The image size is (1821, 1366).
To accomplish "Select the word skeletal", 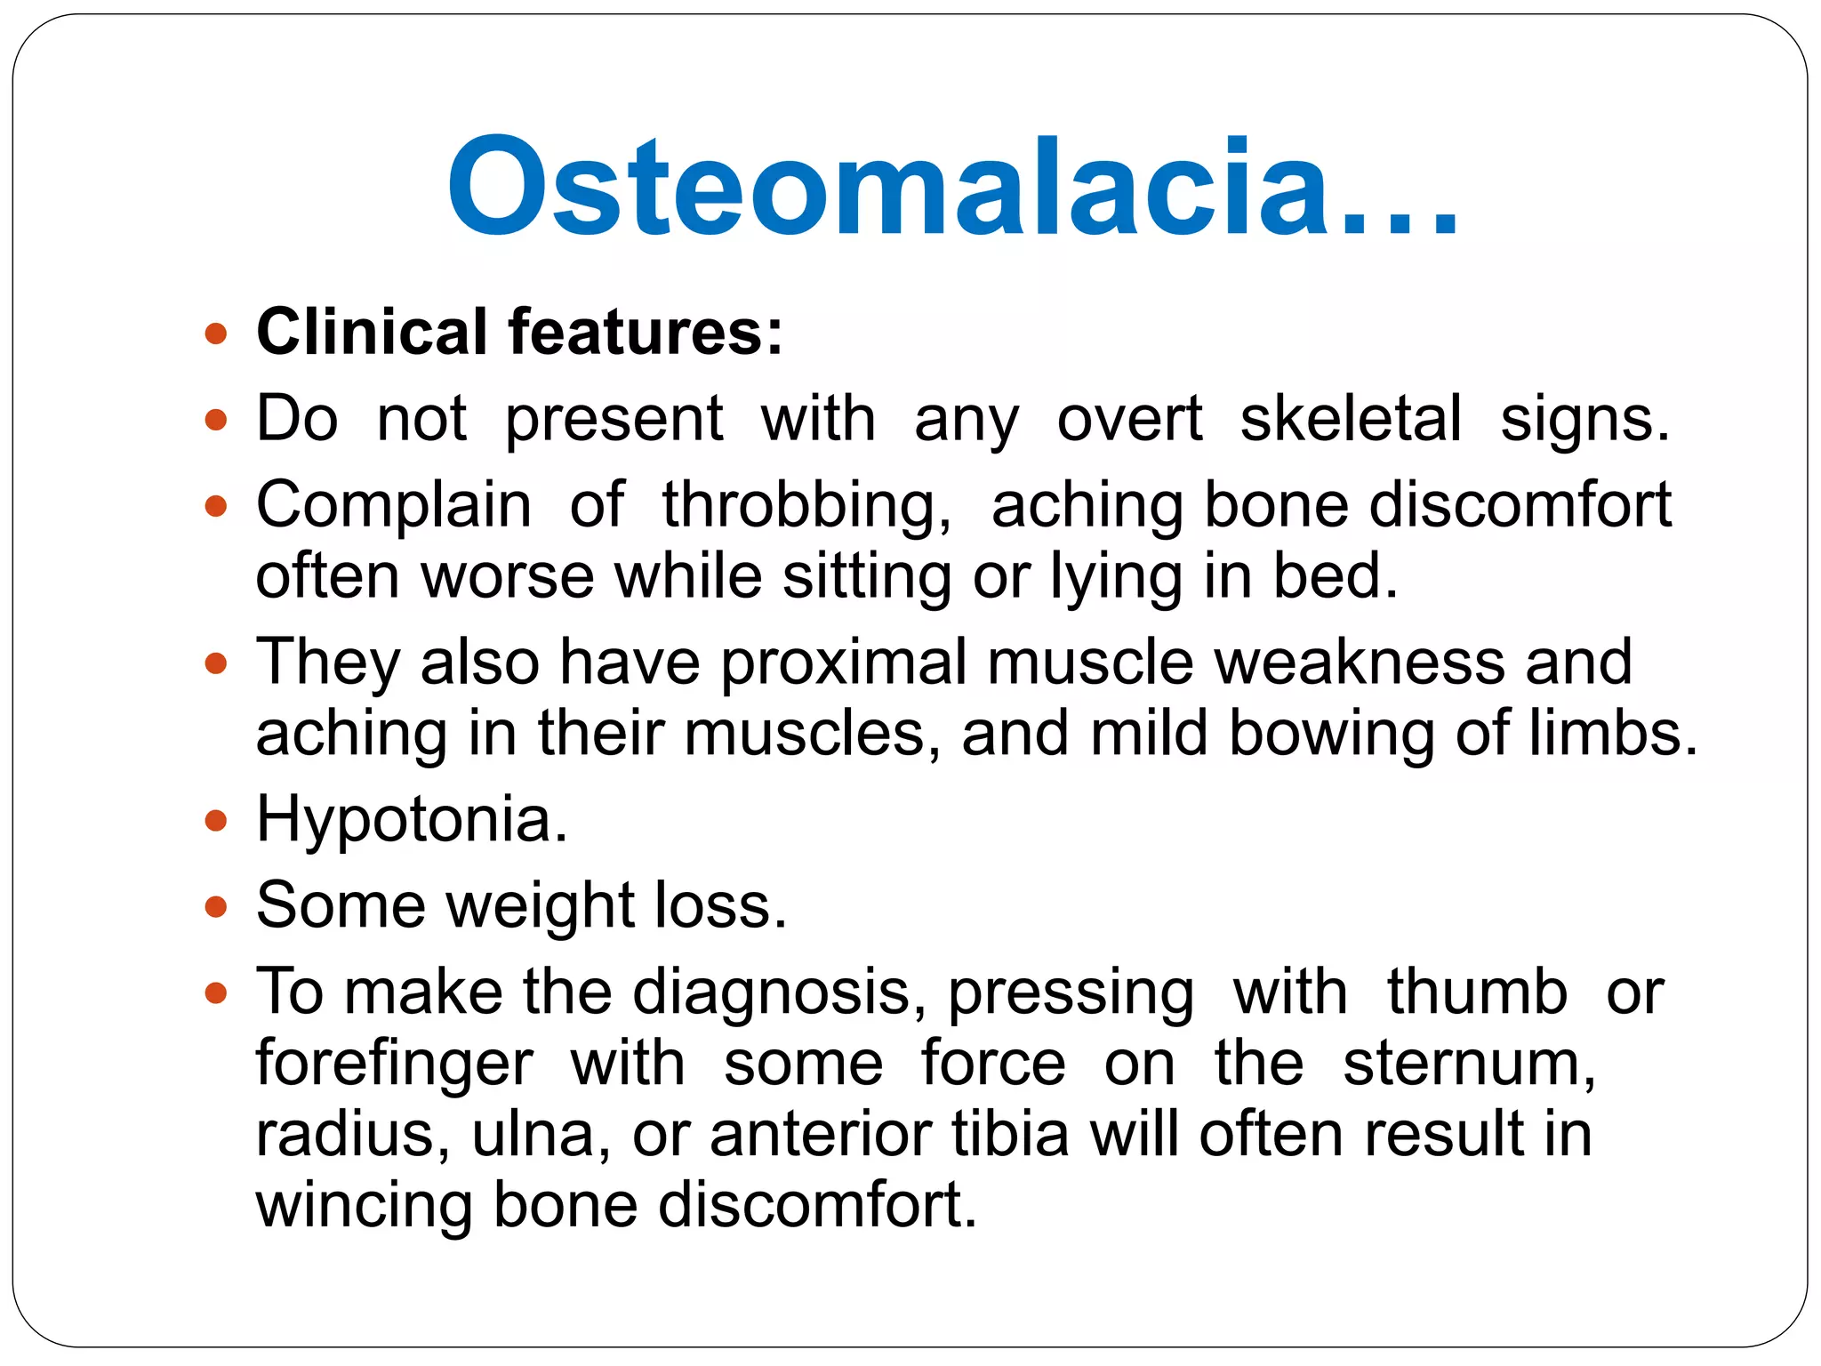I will click(1351, 419).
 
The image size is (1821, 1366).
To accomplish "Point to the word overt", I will click(1129, 419).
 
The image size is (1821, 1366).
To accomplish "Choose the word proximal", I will click(843, 663).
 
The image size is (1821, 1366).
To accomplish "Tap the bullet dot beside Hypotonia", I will click(215, 820).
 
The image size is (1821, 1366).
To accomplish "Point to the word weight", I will click(540, 906).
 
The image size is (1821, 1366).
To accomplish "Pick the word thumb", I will click(1477, 992).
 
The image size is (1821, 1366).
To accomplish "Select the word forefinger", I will click(394, 1064).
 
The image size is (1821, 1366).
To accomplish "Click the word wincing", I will click(363, 1206).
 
